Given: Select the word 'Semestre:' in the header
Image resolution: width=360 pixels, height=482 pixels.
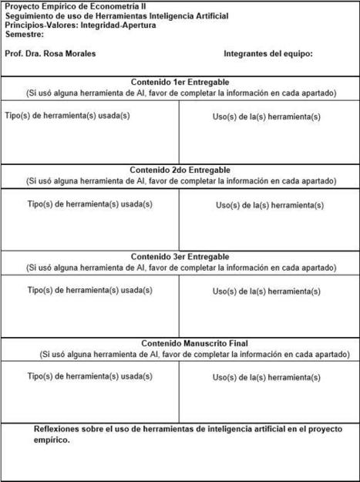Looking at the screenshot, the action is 24,35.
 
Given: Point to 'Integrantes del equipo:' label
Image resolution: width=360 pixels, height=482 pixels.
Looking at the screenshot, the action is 267,54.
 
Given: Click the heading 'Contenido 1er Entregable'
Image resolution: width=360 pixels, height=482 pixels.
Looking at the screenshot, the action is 180,82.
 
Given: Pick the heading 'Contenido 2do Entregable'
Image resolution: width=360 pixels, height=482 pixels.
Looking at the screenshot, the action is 180,170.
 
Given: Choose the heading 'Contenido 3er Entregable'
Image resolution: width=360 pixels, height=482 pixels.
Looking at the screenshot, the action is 180,257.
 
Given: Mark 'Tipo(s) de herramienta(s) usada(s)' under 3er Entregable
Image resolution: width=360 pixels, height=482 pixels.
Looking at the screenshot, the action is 89,290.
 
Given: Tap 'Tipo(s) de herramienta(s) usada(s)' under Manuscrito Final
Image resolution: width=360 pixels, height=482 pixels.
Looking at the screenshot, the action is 89,376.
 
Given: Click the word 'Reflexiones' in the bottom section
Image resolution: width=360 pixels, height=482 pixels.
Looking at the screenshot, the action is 59,429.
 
